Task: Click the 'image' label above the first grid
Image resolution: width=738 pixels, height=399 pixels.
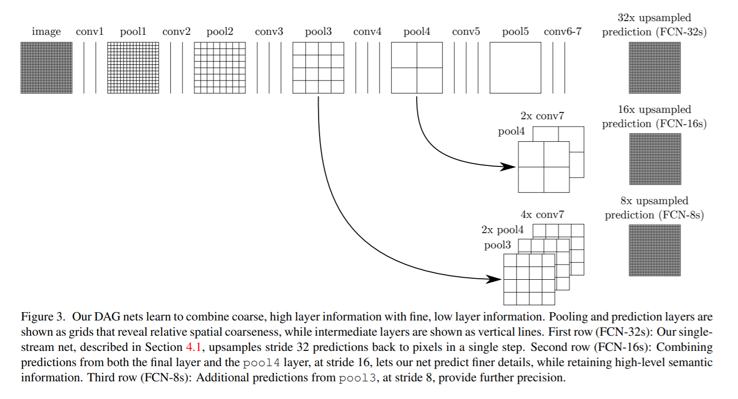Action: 46,32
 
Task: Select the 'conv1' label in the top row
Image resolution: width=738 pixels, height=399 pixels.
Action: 90,32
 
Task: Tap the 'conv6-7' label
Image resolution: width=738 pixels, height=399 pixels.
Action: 562,32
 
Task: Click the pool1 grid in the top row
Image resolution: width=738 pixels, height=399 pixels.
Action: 133,68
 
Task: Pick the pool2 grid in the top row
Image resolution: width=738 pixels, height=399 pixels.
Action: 220,68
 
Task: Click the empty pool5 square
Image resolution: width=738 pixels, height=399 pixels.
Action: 515,68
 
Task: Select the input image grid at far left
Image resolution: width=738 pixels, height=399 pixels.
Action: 47,68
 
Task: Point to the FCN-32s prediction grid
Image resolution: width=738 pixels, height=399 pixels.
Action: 655,68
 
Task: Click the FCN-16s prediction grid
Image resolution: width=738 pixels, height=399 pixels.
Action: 655,159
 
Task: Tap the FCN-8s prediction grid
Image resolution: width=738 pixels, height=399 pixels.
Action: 655,250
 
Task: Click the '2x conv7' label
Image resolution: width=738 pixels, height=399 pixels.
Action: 542,116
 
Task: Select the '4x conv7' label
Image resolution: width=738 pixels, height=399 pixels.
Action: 542,215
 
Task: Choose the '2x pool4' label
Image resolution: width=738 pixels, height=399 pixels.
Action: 502,230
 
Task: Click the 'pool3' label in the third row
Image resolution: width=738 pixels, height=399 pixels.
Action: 498,245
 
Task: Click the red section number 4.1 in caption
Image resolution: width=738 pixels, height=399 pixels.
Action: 193,347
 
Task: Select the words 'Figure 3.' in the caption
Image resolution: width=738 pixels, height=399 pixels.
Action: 43,317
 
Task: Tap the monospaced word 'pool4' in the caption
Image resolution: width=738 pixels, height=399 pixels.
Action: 261,363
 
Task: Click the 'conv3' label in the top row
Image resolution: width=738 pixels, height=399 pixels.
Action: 269,32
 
